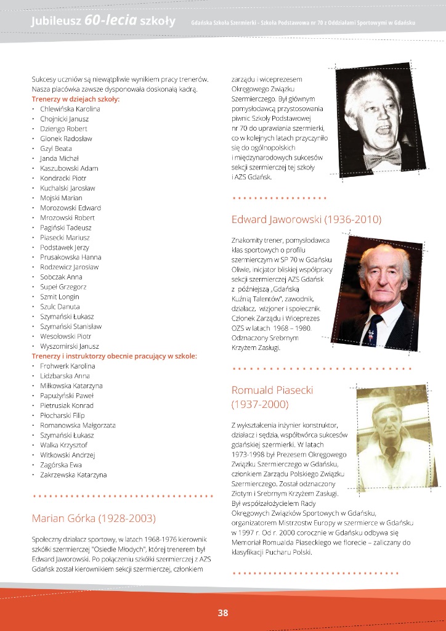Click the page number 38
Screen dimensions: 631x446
tap(223, 613)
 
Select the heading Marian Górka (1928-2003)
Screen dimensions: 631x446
tap(94, 518)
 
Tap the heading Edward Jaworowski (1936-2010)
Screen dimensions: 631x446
tap(306, 219)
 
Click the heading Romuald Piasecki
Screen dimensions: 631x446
tap(272, 390)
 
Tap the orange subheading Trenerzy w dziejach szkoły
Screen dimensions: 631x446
tap(75, 99)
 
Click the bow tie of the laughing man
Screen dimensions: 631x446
tap(382, 159)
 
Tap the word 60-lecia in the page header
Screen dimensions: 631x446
tap(110, 21)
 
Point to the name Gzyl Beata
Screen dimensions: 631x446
tap(56, 149)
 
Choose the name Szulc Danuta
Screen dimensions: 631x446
tap(60, 307)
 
